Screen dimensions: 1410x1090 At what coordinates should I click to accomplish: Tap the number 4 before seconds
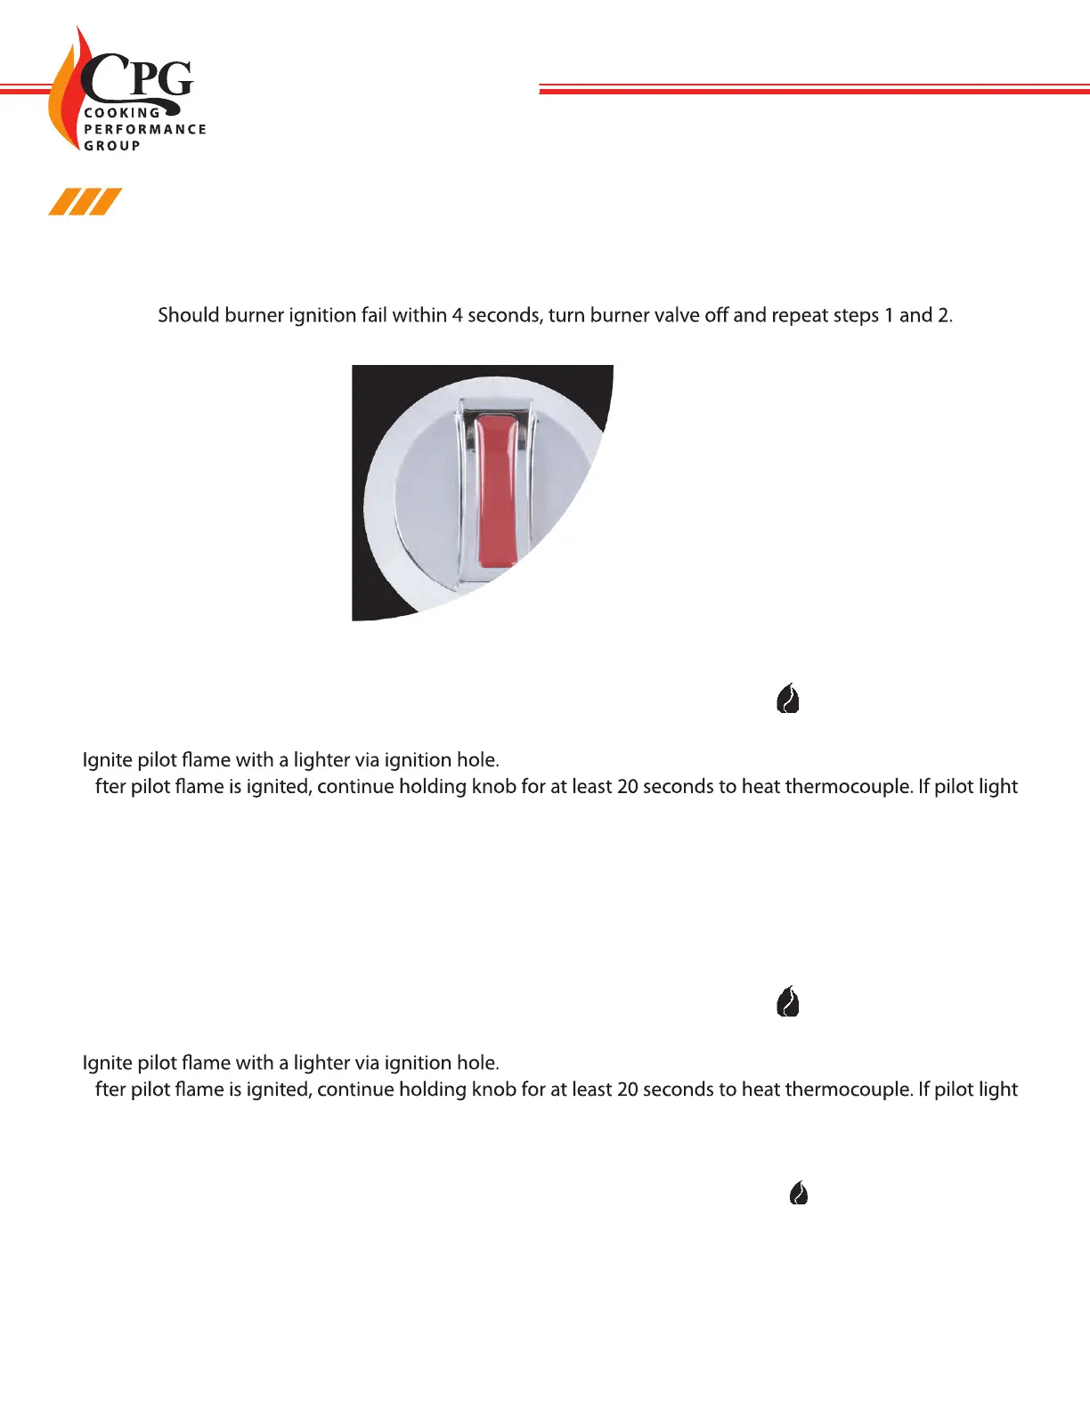pos(457,316)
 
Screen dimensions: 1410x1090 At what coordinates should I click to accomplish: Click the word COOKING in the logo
pos(122,113)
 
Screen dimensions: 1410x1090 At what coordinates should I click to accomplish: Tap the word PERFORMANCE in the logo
pos(145,129)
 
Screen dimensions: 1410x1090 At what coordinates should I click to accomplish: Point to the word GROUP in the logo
pos(112,145)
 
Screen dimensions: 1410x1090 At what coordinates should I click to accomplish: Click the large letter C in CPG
pos(102,78)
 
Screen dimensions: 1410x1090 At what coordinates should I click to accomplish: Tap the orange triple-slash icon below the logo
pos(85,202)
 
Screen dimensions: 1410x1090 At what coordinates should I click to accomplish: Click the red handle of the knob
pos(497,490)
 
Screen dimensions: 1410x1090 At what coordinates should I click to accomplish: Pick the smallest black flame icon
pos(799,1193)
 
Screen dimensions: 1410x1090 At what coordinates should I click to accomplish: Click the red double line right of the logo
pos(814,89)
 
